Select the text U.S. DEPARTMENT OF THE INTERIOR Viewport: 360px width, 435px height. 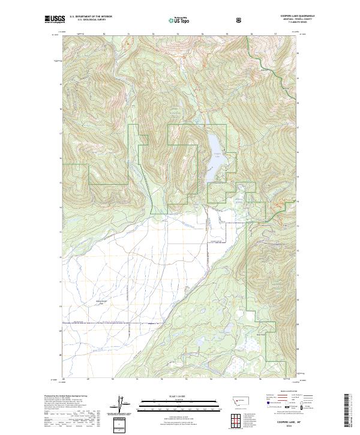tap(91, 17)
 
